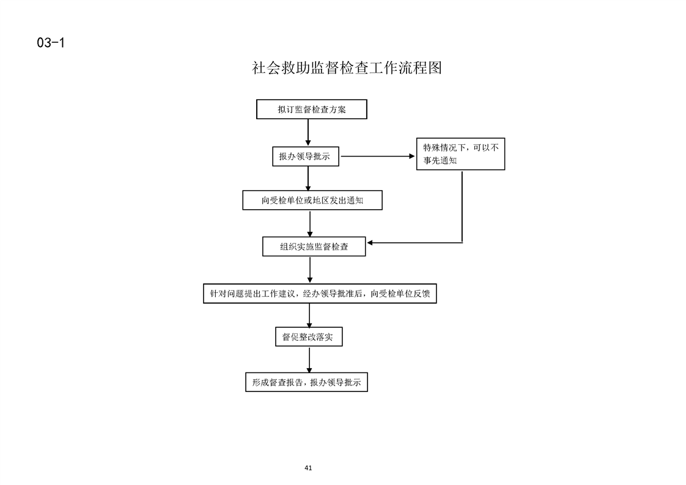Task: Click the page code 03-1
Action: (51, 42)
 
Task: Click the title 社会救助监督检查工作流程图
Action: (347, 68)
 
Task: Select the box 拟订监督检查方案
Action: (311, 109)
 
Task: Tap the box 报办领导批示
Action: (305, 157)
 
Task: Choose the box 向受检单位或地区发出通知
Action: (312, 200)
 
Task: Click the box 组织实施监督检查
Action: (314, 246)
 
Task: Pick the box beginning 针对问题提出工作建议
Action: (320, 294)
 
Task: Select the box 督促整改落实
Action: (309, 336)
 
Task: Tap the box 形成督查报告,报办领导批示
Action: (306, 382)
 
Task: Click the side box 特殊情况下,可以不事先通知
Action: (460, 154)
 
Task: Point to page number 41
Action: (308, 468)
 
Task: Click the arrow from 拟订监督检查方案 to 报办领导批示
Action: (308, 132)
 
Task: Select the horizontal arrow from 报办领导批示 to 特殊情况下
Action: (378, 157)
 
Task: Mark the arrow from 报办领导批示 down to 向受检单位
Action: (308, 178)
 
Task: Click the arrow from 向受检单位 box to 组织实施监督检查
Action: (310, 224)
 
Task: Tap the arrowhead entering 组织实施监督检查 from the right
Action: (370, 242)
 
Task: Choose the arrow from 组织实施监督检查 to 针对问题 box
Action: (310, 270)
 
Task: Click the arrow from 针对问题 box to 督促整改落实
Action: (309, 315)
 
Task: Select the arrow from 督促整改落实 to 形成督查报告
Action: (309, 360)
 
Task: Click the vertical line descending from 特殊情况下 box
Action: (462, 206)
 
